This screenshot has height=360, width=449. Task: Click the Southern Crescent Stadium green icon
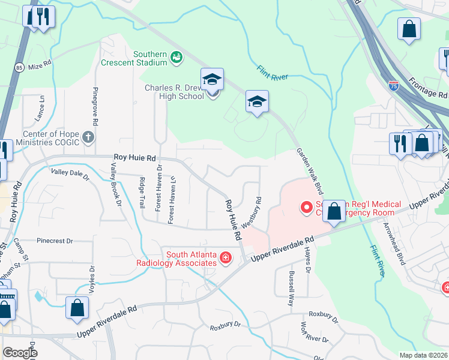click(176, 58)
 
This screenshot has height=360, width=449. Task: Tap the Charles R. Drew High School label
click(174, 92)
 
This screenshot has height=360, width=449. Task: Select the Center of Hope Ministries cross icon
click(89, 137)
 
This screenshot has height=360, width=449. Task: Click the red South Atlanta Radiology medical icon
click(226, 258)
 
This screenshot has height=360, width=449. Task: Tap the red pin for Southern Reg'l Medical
click(307, 208)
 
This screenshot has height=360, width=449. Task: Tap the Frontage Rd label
click(429, 87)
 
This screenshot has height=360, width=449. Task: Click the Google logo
click(20, 353)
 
